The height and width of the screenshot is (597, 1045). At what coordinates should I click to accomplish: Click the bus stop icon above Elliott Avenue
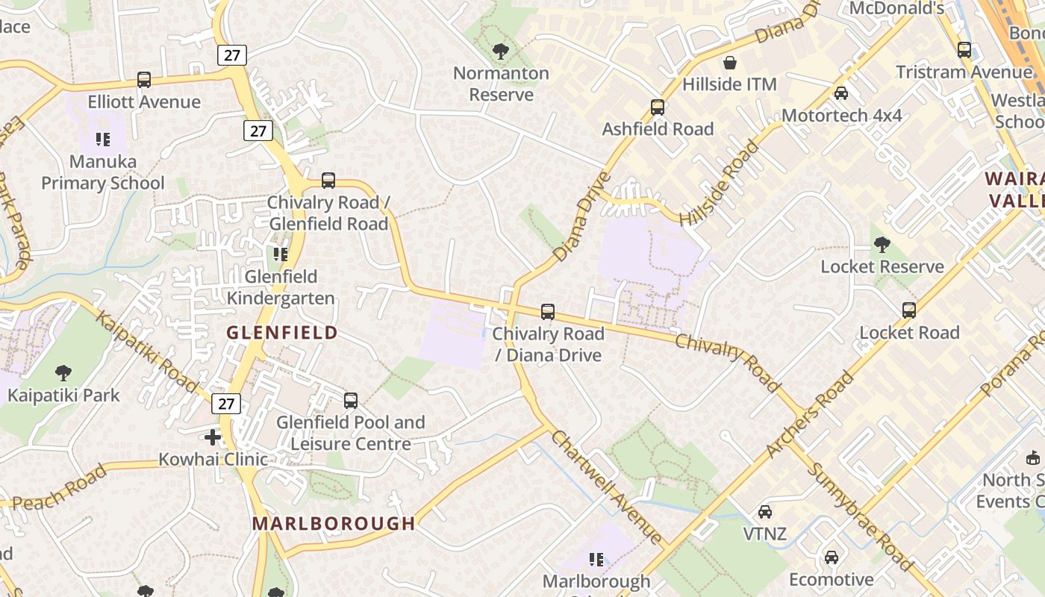[144, 80]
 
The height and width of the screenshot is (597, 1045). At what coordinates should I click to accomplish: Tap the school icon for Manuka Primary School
[102, 139]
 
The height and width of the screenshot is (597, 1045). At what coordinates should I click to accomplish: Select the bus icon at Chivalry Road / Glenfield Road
[328, 180]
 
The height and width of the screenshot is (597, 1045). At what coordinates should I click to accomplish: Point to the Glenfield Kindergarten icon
[281, 254]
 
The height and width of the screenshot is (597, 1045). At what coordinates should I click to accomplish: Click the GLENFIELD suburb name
[282, 333]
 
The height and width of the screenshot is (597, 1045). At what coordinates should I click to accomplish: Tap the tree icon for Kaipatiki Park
[63, 372]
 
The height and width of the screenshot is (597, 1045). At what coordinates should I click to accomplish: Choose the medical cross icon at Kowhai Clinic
[213, 437]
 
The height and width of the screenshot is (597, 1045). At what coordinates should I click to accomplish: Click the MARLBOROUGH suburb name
[334, 523]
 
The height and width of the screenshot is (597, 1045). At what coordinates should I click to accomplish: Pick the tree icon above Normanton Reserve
[501, 51]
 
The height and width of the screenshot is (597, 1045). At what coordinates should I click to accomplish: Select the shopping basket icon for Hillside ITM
[730, 63]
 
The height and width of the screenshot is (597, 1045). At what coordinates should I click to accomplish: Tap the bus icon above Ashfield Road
[658, 107]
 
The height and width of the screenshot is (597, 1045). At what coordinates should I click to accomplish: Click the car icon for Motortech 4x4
[841, 93]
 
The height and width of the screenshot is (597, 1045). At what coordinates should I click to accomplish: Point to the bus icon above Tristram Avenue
[964, 50]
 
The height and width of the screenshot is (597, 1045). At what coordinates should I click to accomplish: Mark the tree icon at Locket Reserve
[882, 245]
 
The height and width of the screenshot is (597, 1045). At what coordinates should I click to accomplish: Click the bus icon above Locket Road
[909, 310]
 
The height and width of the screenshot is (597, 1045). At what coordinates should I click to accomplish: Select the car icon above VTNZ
[765, 512]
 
